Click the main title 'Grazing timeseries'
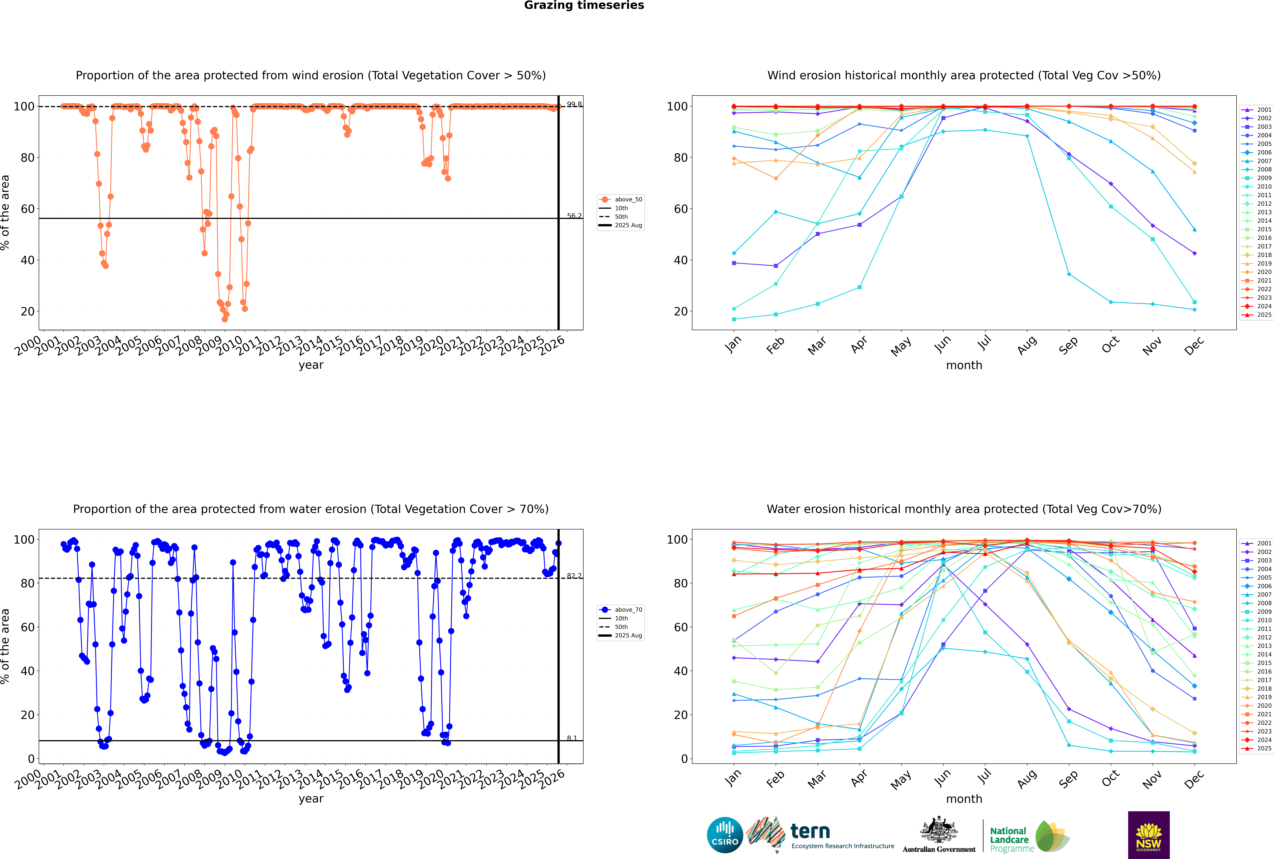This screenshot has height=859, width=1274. pyautogui.click(x=584, y=5)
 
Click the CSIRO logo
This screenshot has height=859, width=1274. pyautogui.click(x=725, y=835)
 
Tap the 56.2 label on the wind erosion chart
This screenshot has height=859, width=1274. pyautogui.click(x=574, y=216)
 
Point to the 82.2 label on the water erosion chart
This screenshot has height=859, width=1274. pyautogui.click(x=574, y=576)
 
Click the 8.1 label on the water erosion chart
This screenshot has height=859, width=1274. pyautogui.click(x=572, y=739)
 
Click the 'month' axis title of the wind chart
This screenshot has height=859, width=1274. pyautogui.click(x=964, y=365)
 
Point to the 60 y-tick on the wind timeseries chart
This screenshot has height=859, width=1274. pyautogui.click(x=27, y=209)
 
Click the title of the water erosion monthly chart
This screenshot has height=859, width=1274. pyautogui.click(x=964, y=509)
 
